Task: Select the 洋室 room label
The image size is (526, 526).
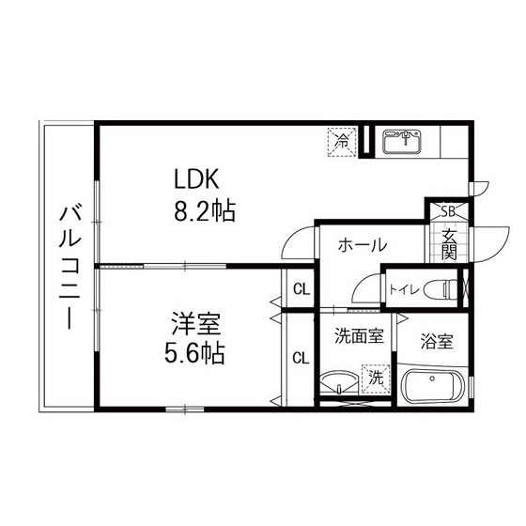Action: coord(196,326)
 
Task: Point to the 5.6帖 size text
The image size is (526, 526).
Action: coord(195,356)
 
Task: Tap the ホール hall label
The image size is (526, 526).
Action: coord(361,245)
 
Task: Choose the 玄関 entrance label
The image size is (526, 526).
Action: coord(449,243)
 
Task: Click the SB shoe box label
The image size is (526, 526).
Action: coord(448,211)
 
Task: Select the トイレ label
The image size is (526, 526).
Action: coord(403,289)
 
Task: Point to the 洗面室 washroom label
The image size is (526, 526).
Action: coord(358,333)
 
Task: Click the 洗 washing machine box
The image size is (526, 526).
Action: coord(376,379)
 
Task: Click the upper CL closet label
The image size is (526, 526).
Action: coord(301,288)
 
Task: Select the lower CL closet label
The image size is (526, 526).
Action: coord(301,357)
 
